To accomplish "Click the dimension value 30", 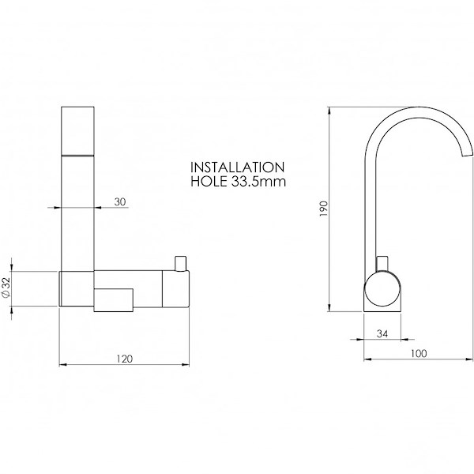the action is [120, 201].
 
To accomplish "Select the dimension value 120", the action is [125, 359].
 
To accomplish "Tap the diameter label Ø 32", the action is [6, 288].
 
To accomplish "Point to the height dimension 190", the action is [323, 209].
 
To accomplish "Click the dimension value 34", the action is [382, 333].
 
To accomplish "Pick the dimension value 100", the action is [419, 353].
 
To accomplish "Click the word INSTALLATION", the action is [238, 167].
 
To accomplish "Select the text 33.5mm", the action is [258, 182].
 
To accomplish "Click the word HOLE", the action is [209, 182].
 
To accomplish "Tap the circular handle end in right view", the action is [382, 289].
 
